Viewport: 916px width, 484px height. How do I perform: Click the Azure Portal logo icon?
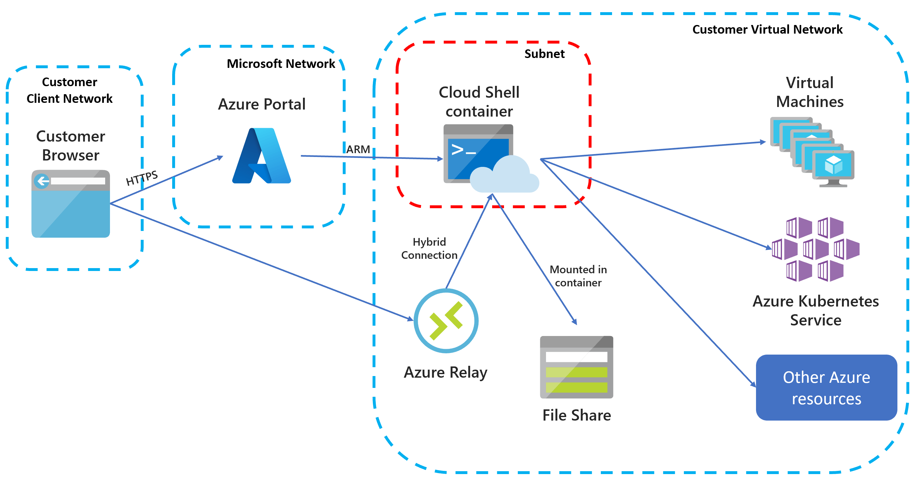[262, 156]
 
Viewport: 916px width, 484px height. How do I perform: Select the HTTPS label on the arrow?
[142, 178]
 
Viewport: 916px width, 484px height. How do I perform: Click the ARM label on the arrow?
[358, 149]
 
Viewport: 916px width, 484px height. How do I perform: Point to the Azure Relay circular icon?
[446, 321]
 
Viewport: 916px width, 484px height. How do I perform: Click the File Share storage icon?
[576, 367]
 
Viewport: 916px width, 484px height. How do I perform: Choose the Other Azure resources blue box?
[826, 387]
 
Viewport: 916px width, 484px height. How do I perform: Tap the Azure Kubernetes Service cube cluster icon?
[815, 250]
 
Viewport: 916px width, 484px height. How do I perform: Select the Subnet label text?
[544, 54]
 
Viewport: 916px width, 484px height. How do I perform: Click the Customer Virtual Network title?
[767, 29]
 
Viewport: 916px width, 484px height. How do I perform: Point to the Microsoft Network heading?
[281, 64]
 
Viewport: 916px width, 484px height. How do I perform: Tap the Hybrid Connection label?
[429, 248]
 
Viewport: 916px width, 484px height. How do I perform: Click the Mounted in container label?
[578, 276]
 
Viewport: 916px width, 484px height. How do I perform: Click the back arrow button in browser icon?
[42, 181]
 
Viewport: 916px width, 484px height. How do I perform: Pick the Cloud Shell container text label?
[479, 102]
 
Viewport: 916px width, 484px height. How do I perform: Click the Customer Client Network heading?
[69, 90]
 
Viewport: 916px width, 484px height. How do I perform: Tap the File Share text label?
[576, 415]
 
